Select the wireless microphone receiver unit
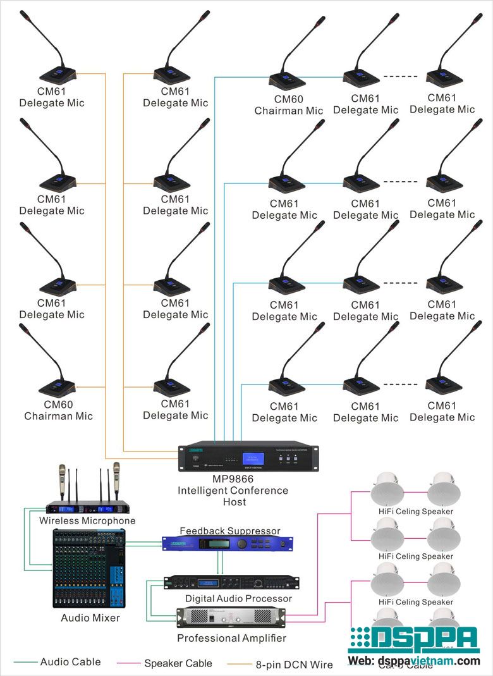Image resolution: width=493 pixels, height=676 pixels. click(91, 507)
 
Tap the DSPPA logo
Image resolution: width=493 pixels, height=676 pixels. click(414, 640)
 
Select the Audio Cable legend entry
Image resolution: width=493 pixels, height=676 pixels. click(70, 662)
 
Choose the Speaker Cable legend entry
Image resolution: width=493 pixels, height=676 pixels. click(178, 663)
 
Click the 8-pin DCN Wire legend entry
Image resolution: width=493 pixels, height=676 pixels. click(294, 664)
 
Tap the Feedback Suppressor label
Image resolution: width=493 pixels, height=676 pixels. click(230, 531)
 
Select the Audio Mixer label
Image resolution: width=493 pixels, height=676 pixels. click(90, 618)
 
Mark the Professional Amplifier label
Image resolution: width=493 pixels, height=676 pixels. click(231, 638)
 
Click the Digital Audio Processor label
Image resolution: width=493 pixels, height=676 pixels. click(238, 598)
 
